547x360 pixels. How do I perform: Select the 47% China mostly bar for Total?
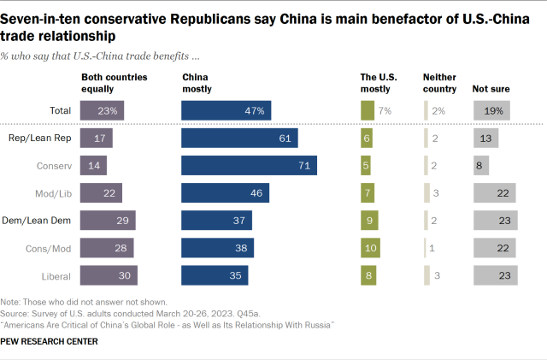[227, 110]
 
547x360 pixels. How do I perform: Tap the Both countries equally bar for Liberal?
[109, 274]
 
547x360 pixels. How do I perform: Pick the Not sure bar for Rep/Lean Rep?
[486, 138]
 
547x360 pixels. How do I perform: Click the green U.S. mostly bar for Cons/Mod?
[368, 247]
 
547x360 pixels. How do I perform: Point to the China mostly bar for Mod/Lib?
[225, 192]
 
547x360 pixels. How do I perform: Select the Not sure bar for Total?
[491, 110]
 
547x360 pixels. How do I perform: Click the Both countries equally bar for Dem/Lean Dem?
[108, 220]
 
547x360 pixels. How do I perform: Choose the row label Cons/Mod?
[52, 247]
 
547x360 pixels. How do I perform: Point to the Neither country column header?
[440, 82]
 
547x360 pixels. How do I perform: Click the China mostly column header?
[197, 82]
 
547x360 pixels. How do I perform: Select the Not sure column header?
[489, 87]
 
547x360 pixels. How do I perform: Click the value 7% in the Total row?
[385, 110]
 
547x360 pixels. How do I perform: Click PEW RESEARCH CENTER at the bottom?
[50, 342]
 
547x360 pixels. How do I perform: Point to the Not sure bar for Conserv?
[481, 165]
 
